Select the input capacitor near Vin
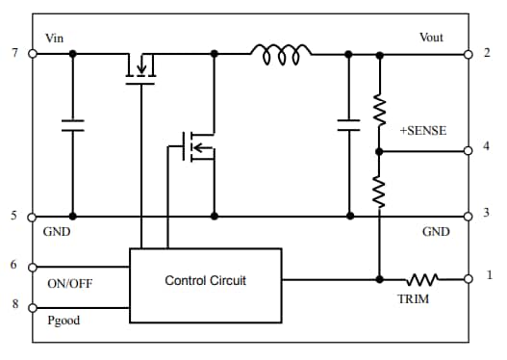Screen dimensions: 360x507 pyautogui.click(x=72, y=124)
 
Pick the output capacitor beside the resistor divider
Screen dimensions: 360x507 pyautogui.click(x=348, y=124)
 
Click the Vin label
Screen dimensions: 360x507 pyautogui.click(x=55, y=38)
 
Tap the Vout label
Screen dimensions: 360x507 pyautogui.click(x=431, y=38)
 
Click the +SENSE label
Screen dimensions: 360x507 pyautogui.click(x=423, y=129)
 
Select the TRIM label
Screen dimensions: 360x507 pyautogui.click(x=414, y=299)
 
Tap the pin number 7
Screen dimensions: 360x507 pyautogui.click(x=14, y=53)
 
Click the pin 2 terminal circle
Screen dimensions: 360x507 pyautogui.click(x=469, y=53)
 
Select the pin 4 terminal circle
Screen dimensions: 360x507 pyautogui.click(x=469, y=150)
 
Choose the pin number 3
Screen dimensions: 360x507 pyautogui.click(x=486, y=214)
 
